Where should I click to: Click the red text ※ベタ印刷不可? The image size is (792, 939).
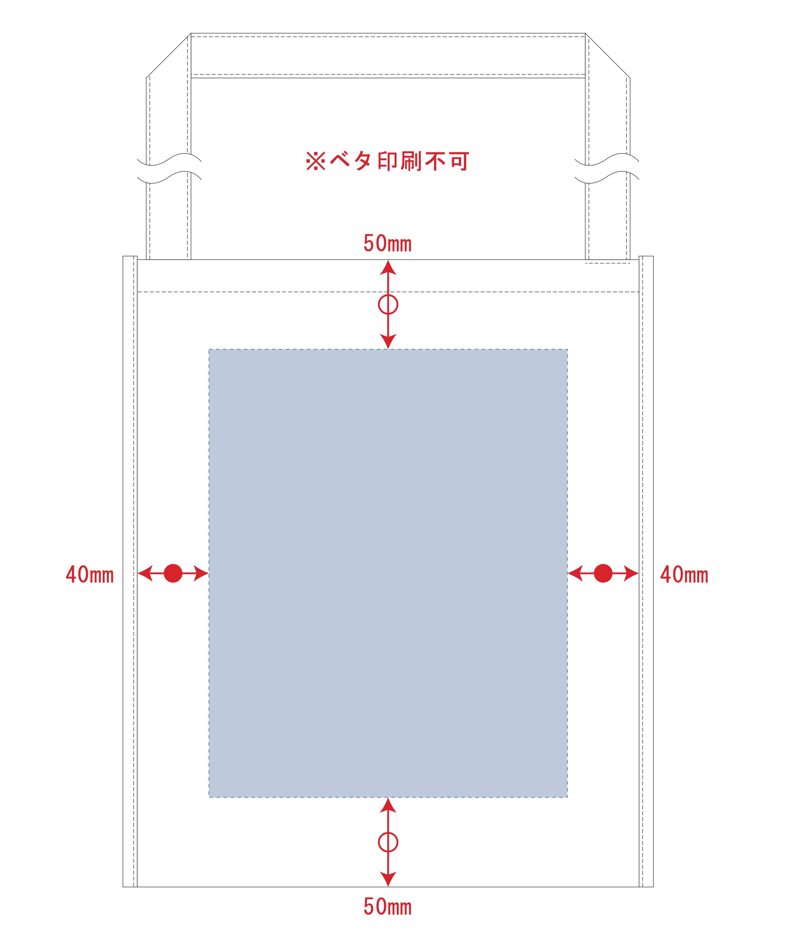point(387,161)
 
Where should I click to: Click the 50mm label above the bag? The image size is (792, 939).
point(387,243)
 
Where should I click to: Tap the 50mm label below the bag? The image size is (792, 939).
point(387,907)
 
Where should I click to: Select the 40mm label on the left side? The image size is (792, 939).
point(90,575)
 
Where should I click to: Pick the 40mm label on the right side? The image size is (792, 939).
point(684,575)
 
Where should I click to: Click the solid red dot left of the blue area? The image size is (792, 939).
point(173,573)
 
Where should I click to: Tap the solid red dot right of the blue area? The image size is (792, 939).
point(603,573)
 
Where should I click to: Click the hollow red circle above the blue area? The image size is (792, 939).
point(388,304)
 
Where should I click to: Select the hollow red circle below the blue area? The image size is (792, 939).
point(388,842)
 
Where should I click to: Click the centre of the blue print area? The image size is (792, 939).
point(388,573)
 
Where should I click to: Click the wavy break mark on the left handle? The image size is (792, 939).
point(169,168)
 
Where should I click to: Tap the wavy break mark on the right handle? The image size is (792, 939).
point(607,168)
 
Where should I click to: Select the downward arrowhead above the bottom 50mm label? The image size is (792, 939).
point(388,879)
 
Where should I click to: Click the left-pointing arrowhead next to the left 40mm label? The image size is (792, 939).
point(145,573)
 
